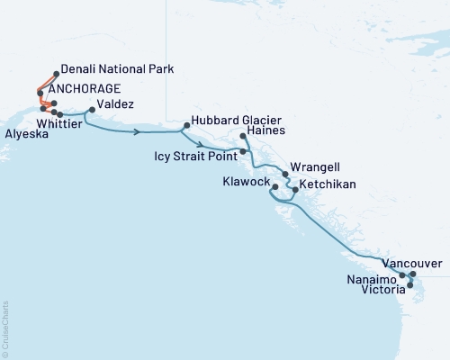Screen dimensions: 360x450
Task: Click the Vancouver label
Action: (411, 263)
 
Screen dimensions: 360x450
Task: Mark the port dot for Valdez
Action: (88, 112)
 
